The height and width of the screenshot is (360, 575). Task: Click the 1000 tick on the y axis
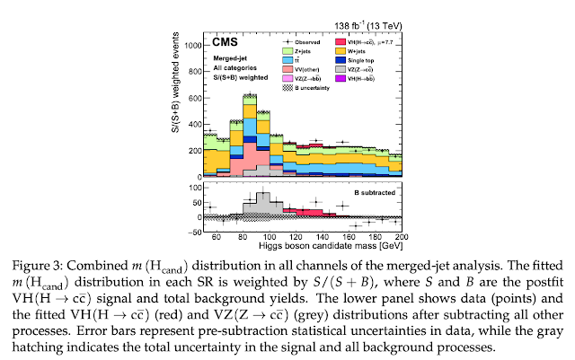[191, 44]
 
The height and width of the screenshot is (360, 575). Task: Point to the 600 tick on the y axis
[194, 97]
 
